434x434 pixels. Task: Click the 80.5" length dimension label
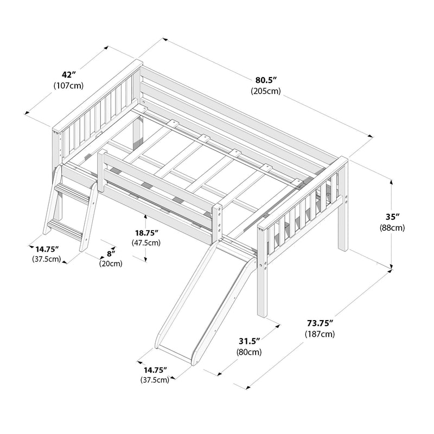coord(265,80)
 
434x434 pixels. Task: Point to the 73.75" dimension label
coord(319,323)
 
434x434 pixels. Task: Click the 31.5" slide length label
coord(250,341)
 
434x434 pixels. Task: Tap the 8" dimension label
coord(111,253)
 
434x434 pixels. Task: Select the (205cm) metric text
coord(265,91)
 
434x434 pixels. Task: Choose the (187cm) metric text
coord(319,334)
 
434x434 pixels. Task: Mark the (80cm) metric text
coord(250,352)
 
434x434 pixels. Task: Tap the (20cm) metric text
coord(111,264)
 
